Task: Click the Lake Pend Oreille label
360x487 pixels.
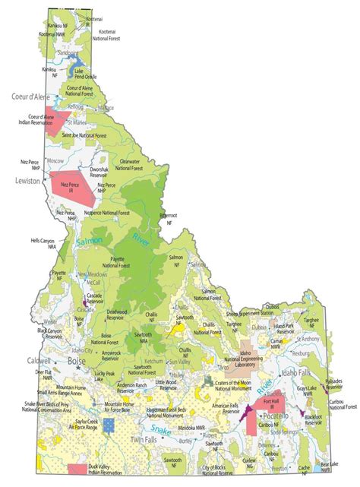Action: click(84, 74)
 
